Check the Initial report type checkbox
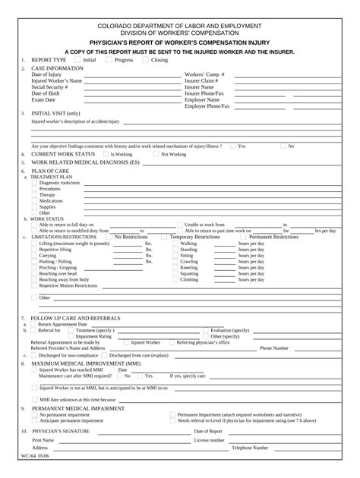point(78,59)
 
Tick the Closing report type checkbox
point(147,59)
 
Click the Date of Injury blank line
point(122,76)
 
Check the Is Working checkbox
point(106,154)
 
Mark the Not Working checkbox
point(156,154)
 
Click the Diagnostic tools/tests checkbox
point(34,183)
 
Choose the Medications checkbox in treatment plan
point(34,200)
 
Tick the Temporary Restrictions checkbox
point(165,237)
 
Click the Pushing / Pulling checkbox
point(34,261)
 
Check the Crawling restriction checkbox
point(176,261)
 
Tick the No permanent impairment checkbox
point(34,415)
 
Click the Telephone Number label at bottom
point(250,448)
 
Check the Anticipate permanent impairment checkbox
point(34,420)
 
